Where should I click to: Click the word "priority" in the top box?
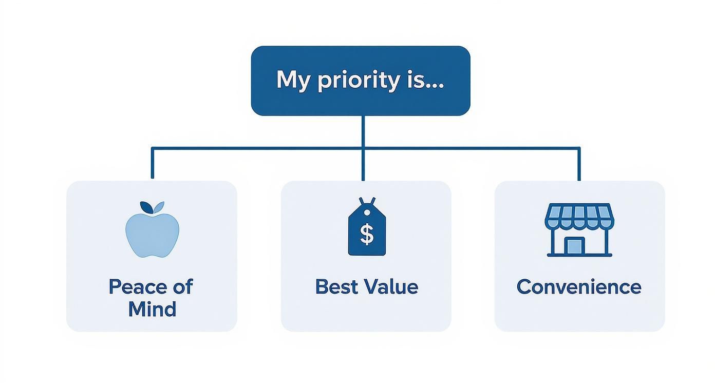[x=359, y=81]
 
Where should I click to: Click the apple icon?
[x=152, y=229]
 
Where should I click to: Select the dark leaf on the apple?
[x=146, y=207]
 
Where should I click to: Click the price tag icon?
[x=367, y=226]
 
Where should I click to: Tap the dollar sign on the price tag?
[x=367, y=234]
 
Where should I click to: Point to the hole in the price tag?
[x=367, y=213]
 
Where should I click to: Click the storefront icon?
[x=579, y=230]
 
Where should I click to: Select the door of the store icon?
[x=574, y=246]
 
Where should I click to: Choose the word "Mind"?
[x=152, y=309]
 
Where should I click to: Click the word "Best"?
[x=336, y=286]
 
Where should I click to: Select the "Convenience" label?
[x=579, y=287]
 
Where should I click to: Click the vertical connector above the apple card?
[x=153, y=163]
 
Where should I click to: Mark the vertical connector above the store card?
[x=579, y=164]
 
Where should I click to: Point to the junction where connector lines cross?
[x=363, y=148]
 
